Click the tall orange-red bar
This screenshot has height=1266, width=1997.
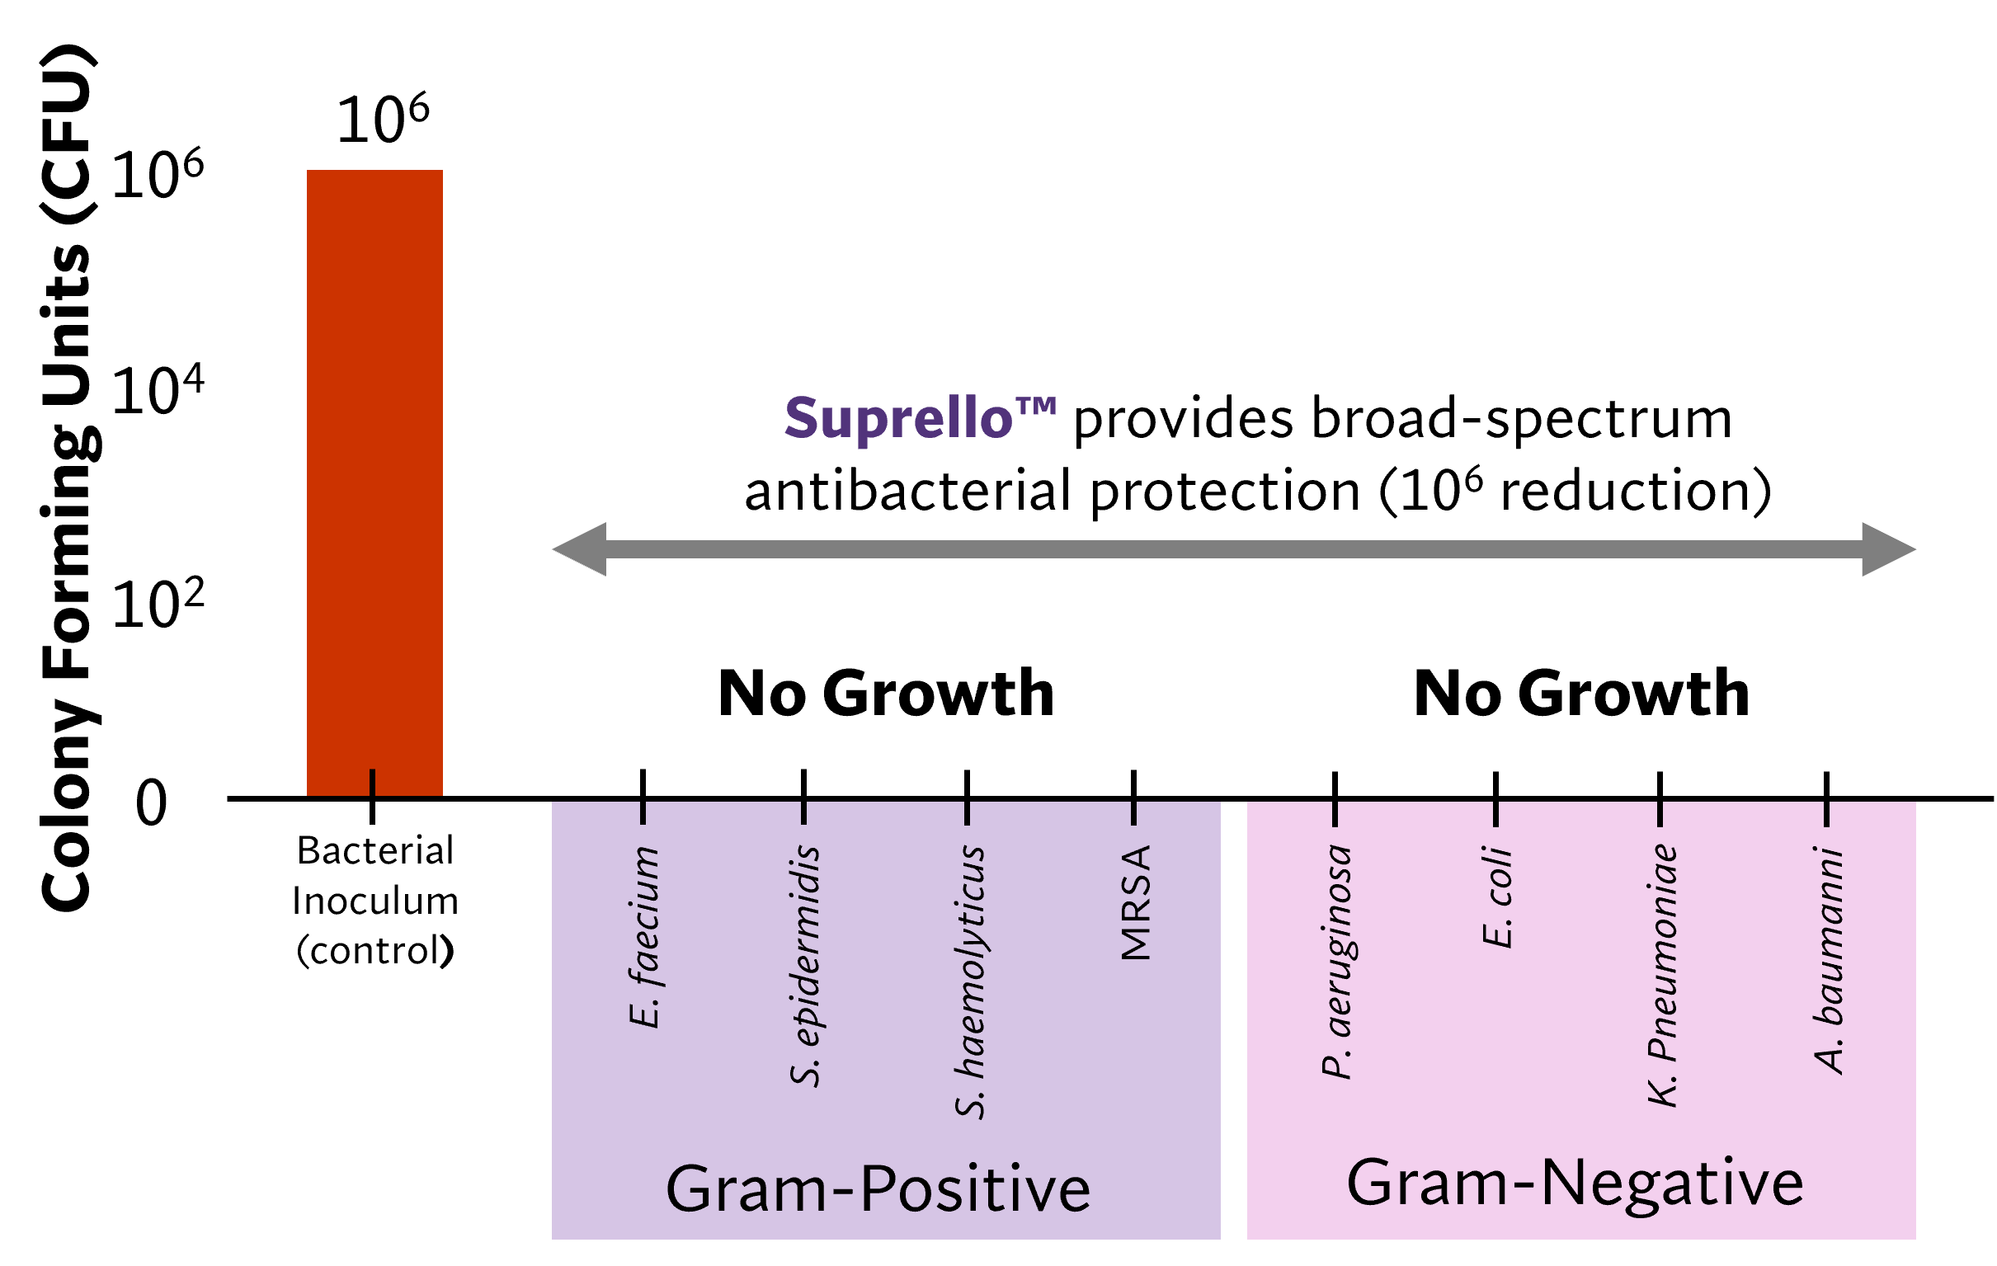point(374,481)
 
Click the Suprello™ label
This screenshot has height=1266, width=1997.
point(920,418)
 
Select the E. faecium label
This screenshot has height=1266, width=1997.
point(643,937)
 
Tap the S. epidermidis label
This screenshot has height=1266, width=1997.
point(804,965)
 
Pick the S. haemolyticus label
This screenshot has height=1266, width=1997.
point(968,981)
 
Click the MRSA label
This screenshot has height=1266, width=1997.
point(1135,903)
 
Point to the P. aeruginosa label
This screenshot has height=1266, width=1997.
point(1336,961)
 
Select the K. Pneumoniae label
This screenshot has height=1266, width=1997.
point(1662,975)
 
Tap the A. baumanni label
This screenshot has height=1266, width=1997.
point(1829,960)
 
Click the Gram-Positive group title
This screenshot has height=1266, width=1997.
point(878,1189)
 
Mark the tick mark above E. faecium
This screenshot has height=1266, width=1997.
point(643,812)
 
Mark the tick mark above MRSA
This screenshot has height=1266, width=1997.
point(1134,812)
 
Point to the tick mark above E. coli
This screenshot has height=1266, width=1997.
point(1496,813)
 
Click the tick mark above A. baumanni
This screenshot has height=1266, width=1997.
point(1827,813)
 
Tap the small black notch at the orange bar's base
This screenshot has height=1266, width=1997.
point(372,782)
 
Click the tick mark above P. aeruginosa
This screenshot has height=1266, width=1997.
point(1335,813)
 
